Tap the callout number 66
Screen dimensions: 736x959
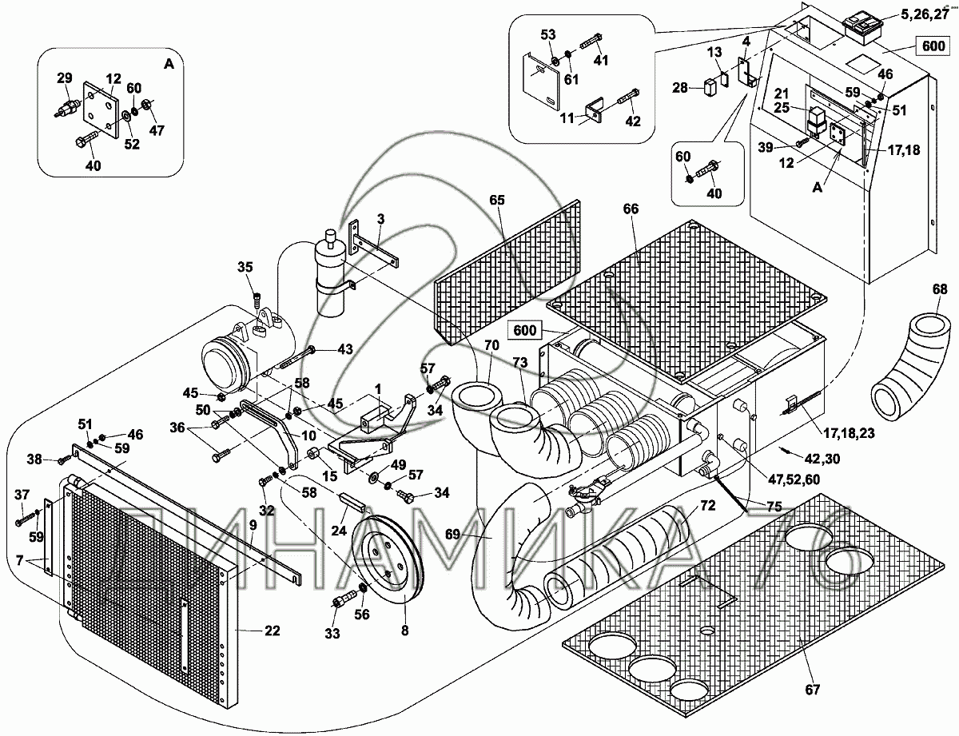[x=631, y=209]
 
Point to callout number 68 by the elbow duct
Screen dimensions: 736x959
[x=941, y=288]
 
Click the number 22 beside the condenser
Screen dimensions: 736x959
[x=273, y=631]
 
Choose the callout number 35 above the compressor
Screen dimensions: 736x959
[x=245, y=267]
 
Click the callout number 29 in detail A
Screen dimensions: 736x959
[x=64, y=78]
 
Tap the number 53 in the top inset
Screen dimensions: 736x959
[x=547, y=34]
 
